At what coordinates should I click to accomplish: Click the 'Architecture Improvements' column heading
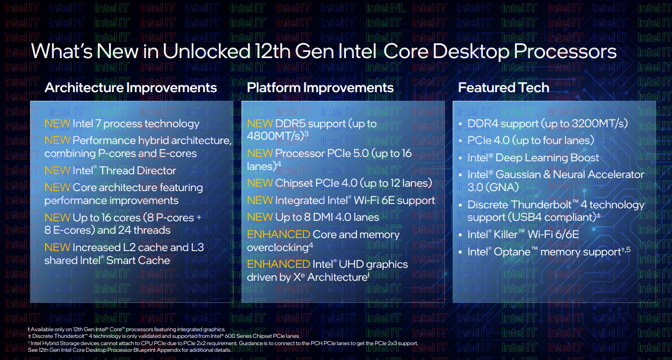click(131, 88)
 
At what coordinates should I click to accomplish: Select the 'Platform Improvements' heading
click(320, 88)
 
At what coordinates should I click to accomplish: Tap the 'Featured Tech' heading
click(504, 87)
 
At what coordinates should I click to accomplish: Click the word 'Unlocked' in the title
click(206, 51)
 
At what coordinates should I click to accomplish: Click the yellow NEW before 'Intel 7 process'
click(57, 124)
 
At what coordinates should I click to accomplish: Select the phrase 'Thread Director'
click(138, 171)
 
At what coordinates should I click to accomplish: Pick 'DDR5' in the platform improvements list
click(290, 124)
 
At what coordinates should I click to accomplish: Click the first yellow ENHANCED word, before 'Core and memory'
click(278, 234)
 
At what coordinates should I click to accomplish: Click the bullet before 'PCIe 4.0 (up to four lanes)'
click(460, 141)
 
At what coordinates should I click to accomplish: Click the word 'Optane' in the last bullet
click(512, 252)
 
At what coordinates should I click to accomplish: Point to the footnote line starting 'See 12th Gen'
click(130, 350)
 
